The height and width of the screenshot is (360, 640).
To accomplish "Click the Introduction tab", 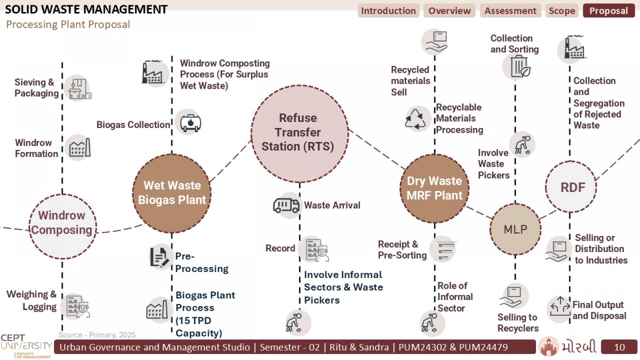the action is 388,11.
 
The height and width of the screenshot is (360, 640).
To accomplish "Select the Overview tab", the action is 450,11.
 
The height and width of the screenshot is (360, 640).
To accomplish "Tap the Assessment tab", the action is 510,11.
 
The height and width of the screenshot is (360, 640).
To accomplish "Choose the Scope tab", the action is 562,11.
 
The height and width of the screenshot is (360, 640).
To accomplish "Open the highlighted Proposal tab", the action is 609,11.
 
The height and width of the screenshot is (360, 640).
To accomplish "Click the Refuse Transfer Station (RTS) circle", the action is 300,134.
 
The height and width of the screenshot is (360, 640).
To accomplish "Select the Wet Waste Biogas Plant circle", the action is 172,194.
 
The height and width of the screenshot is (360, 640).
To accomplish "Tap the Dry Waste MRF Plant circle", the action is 434,188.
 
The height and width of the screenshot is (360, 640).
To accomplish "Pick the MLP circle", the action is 516,229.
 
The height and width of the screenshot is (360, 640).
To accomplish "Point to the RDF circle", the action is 571,187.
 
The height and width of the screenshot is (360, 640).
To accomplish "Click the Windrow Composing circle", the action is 62,226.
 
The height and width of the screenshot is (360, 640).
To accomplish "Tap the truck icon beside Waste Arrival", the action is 286,206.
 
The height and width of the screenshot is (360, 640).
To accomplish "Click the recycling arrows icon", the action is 416,119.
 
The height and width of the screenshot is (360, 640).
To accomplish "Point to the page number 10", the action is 619,347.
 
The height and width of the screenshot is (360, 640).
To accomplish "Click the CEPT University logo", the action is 26,346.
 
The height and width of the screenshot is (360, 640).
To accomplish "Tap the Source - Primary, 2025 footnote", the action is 97,335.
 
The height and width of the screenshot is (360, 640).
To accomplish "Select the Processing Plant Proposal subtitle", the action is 68,24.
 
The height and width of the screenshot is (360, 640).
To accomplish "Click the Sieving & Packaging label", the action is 36,88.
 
